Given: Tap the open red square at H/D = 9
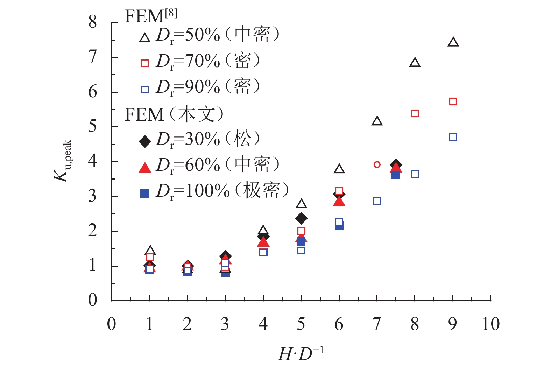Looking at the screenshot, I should [453, 101].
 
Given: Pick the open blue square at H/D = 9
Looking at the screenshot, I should [453, 137].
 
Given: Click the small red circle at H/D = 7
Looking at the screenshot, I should [377, 164].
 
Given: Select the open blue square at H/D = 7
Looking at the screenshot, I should [377, 201].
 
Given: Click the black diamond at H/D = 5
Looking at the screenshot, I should [301, 218].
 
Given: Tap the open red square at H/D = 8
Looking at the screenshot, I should [415, 113].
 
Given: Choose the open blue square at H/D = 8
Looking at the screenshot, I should [415, 174].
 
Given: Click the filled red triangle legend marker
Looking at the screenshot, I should [145, 168].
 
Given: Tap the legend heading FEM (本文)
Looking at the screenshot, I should [174, 114].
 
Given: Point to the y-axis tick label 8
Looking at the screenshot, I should [92, 22].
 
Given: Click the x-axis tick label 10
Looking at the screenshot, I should [490, 324].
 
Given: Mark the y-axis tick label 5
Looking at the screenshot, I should [92, 126].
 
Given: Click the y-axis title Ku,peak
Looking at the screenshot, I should [63, 161].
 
